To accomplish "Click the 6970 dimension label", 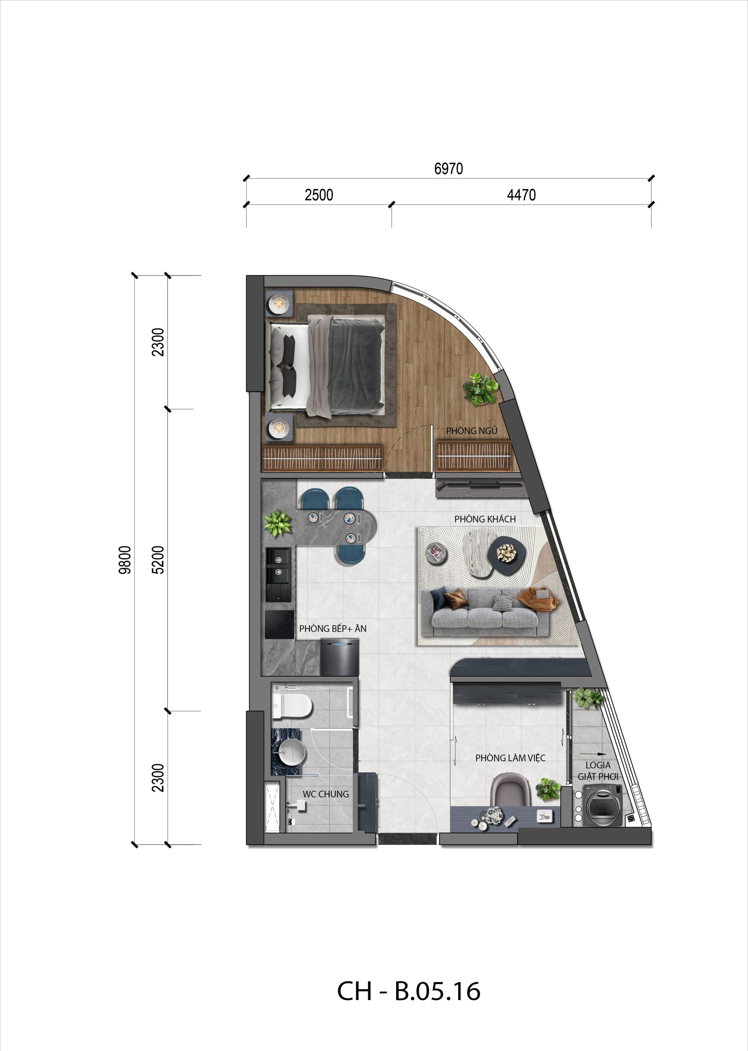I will [x=448, y=169].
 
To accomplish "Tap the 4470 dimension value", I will [x=521, y=195].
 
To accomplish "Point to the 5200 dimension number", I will [x=158, y=560].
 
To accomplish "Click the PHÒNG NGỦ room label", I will [x=471, y=431].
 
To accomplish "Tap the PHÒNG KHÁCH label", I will [x=484, y=519].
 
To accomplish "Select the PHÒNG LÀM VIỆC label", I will [x=510, y=757].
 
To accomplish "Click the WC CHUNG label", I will [x=325, y=794].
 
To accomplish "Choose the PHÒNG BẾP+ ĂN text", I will [x=333, y=629].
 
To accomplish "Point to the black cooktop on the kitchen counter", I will [x=279, y=625].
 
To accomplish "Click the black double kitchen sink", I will [x=278, y=574].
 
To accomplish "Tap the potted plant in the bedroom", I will [x=480, y=389].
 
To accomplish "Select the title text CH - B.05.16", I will [x=408, y=991].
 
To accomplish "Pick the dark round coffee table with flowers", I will [x=506, y=555].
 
